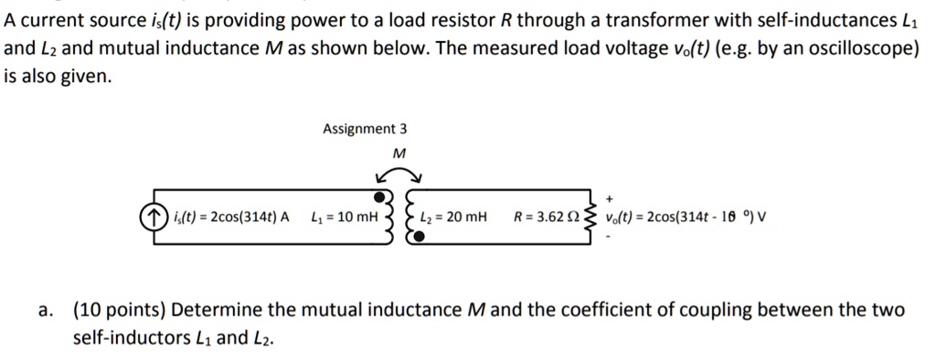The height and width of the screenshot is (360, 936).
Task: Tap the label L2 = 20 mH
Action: [x=453, y=217]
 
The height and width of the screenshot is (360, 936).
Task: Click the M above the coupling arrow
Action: [x=397, y=153]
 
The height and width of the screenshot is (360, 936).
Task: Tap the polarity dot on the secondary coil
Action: [x=419, y=238]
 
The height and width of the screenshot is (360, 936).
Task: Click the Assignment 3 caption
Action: [x=358, y=130]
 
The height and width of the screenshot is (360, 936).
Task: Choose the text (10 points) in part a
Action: [x=118, y=310]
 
